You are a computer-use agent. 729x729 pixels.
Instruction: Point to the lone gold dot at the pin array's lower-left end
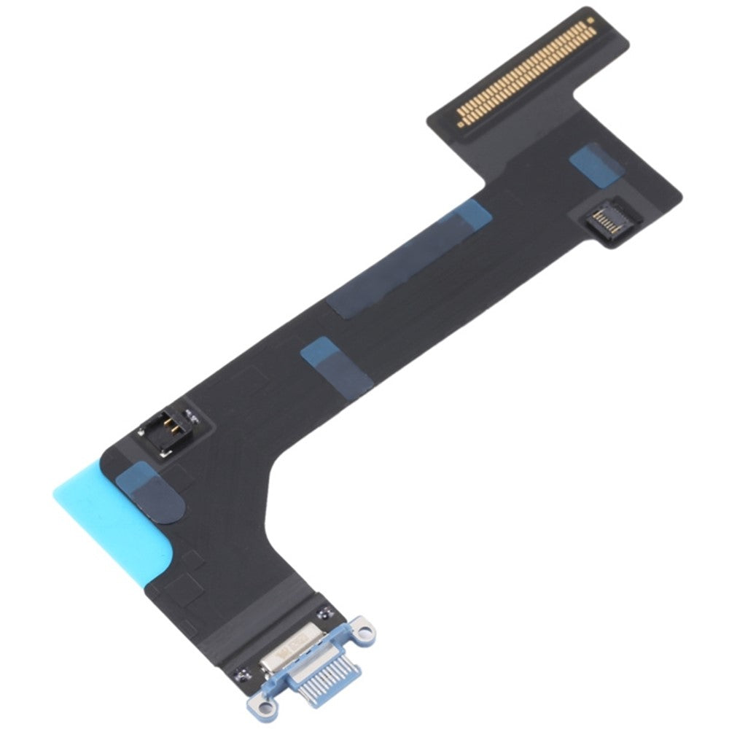[461, 122]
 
